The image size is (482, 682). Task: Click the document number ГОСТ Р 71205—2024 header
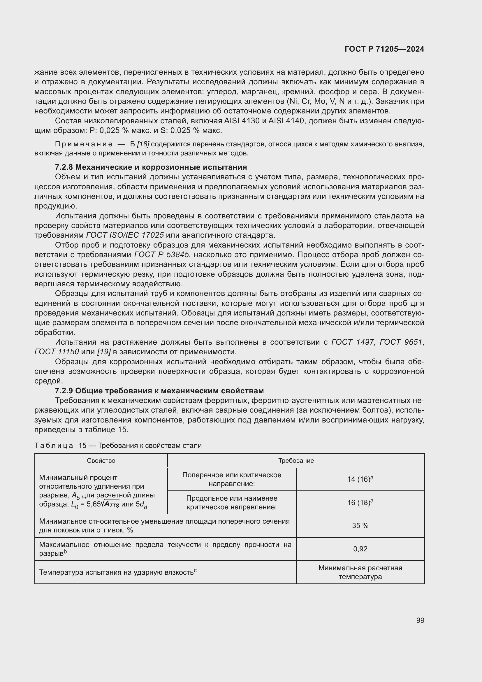coord(384,49)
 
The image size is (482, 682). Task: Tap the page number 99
coord(420,620)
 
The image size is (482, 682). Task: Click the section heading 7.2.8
coord(151,167)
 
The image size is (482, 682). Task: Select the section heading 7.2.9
coord(159,391)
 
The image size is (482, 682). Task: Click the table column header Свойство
coord(101,461)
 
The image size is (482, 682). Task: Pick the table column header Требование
coord(295,461)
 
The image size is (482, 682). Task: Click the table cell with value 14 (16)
coord(360,479)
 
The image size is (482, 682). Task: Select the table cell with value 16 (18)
coord(360,503)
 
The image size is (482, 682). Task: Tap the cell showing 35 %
coord(360,525)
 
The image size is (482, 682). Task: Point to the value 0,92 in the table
coord(360,549)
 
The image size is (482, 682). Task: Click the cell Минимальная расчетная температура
coord(360,572)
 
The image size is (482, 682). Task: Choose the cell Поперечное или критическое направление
coord(231,479)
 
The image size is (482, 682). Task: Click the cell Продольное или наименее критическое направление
coord(231,503)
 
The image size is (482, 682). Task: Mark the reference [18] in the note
coord(143,144)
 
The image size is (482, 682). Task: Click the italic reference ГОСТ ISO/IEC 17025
coord(125,235)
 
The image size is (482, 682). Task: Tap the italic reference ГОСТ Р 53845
coord(161,255)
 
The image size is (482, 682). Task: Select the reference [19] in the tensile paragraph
coord(103,352)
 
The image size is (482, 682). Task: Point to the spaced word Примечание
coord(84,144)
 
